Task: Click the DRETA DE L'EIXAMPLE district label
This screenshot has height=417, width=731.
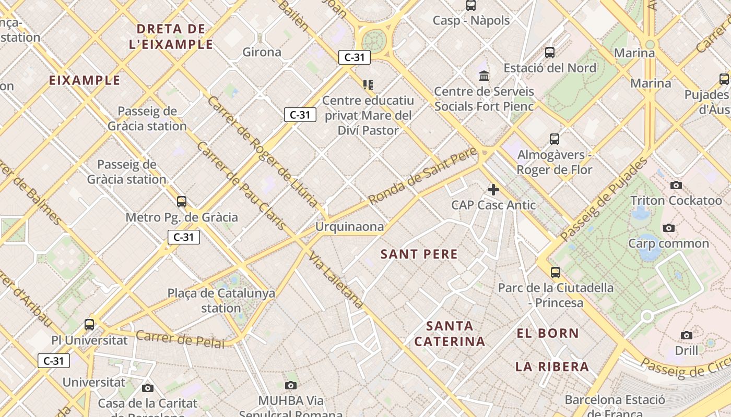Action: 171,36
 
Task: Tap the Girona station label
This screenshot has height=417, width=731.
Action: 262,52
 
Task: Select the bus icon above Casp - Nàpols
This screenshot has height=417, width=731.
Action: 471,6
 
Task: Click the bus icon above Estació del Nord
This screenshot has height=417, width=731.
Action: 550,53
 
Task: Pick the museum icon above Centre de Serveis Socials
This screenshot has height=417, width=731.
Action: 484,76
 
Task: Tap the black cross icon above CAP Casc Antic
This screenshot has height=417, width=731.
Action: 493,190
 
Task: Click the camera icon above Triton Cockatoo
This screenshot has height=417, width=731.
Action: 676,186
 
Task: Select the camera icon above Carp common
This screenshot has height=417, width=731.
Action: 669,228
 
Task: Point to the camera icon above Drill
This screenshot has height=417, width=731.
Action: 687,336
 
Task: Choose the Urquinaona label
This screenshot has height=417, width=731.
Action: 349,227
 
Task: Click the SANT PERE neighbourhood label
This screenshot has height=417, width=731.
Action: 419,254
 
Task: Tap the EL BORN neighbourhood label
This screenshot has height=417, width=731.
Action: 548,334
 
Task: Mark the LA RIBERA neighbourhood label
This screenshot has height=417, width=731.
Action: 552,367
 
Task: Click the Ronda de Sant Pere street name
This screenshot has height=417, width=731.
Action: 422,176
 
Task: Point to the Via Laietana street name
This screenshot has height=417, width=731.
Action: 336,280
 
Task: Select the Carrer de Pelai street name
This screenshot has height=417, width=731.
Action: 180,339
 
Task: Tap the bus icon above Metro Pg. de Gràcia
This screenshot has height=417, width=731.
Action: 182,202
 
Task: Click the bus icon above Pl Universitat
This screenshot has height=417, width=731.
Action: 89,325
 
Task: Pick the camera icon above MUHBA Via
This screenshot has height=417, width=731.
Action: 291,386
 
